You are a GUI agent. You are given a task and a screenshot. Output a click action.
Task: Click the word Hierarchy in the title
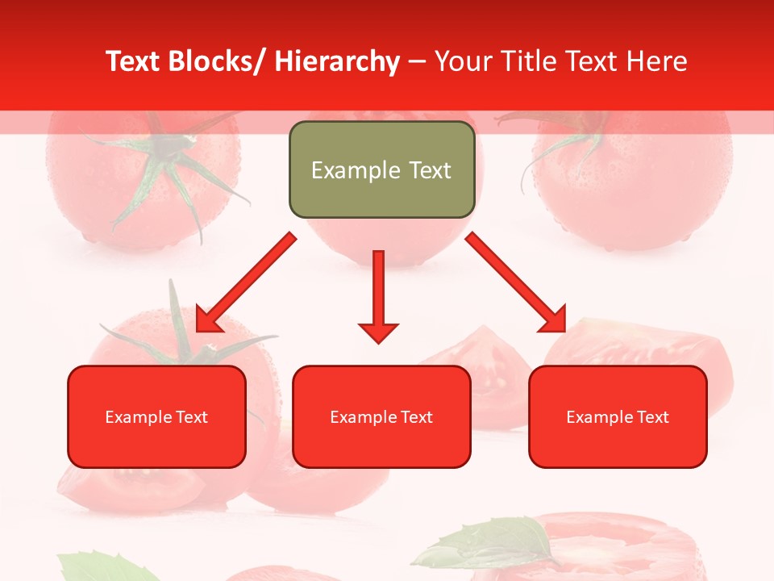click(x=337, y=62)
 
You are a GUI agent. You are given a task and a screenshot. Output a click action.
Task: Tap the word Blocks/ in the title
click(x=214, y=62)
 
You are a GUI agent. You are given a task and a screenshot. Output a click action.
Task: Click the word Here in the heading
click(x=657, y=62)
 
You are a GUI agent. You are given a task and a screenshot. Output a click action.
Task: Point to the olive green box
click(x=381, y=169)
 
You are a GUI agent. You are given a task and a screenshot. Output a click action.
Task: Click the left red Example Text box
click(x=156, y=416)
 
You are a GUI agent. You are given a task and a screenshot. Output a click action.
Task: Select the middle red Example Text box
click(x=381, y=416)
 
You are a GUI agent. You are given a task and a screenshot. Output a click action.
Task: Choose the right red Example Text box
click(x=618, y=416)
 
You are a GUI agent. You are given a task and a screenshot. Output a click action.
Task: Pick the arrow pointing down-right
click(x=516, y=282)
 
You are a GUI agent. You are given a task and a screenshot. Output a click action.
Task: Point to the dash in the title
click(x=417, y=62)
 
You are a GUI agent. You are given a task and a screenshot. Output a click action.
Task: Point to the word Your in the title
click(x=462, y=62)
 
